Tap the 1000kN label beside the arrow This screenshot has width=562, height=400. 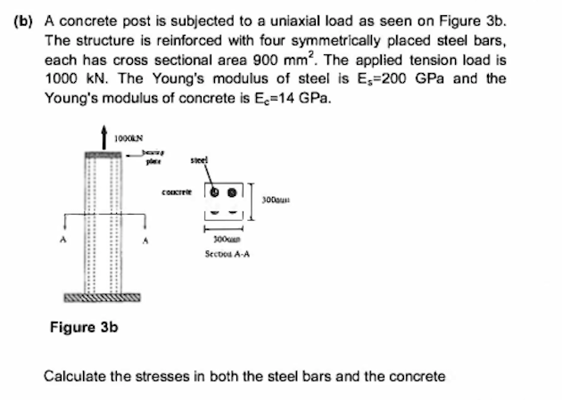point(129,135)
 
